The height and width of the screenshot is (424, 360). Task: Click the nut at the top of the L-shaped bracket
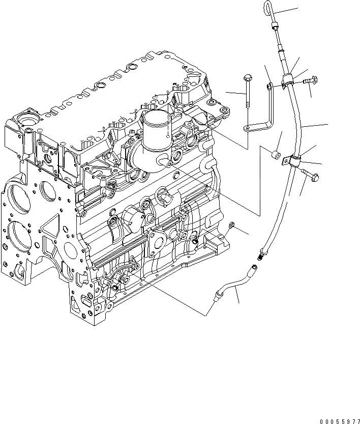point(269,88)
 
